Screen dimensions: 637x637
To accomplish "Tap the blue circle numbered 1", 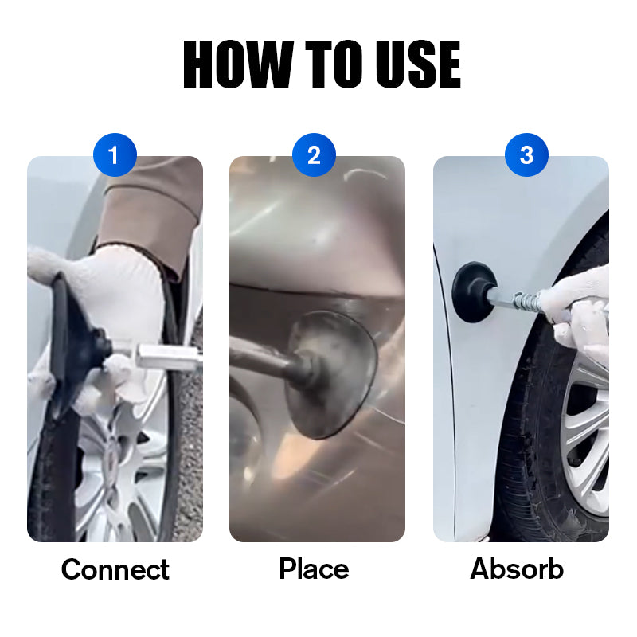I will point(115,155).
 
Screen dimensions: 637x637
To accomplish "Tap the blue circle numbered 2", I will point(314,155).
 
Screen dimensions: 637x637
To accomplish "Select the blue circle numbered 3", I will point(526,155).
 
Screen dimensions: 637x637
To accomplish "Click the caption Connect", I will point(115,569).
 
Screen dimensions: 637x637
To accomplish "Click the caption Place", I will point(314,569).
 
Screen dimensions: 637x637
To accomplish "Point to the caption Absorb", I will point(517,569).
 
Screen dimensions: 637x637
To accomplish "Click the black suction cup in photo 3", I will point(473,292).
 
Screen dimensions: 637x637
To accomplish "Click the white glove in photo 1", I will point(119,295).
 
